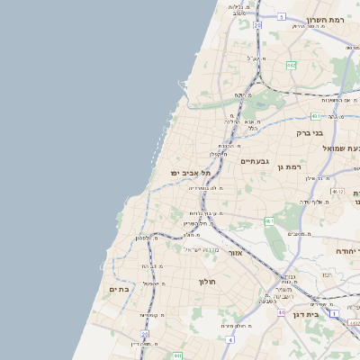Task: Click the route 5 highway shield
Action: [281, 16]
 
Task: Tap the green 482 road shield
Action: [291, 65]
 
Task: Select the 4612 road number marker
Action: [337, 192]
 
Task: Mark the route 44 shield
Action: [281, 312]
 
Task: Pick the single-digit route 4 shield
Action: [230, 340]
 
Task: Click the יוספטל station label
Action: [149, 283]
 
